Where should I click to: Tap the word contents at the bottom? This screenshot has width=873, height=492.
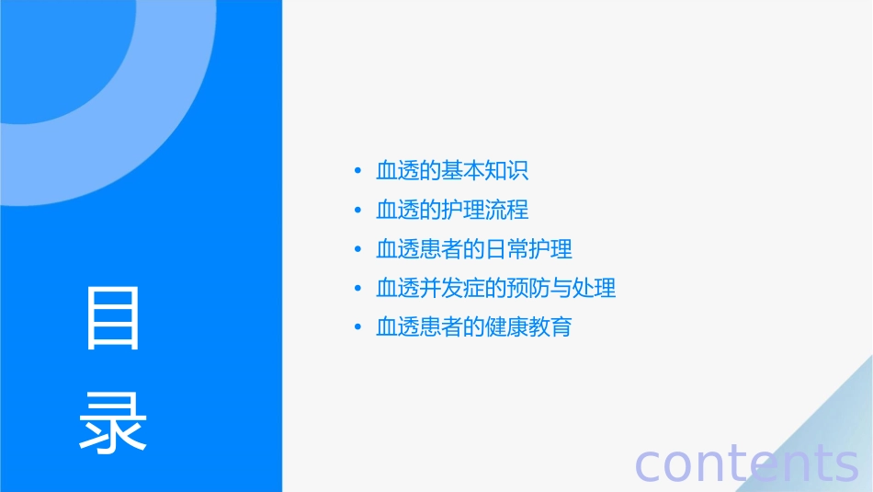746,463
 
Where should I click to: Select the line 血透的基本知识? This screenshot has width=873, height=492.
452,171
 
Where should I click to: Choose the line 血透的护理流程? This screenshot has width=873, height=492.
452,210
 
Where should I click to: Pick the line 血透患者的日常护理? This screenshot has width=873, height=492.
474,249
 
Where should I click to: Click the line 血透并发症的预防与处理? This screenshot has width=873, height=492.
496,288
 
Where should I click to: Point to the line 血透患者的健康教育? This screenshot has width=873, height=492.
474,327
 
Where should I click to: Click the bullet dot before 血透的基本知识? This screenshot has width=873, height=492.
357,172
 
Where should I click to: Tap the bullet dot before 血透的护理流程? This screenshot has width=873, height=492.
357,211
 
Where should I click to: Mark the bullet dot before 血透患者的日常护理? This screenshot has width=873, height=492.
357,250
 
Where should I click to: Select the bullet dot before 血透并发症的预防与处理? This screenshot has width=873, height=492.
357,289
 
